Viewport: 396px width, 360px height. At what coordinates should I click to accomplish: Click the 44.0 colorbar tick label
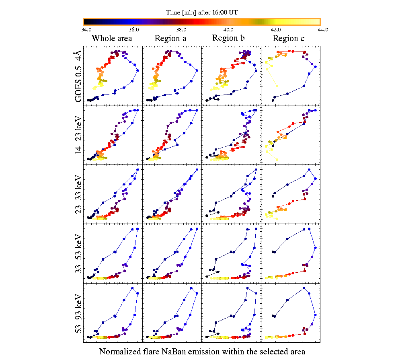point(323,29)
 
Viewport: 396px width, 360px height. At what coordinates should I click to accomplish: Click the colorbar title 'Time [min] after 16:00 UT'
point(202,12)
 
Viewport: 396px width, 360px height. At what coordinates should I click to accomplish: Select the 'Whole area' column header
point(112,39)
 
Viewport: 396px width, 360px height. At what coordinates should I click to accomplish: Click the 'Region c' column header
point(289,39)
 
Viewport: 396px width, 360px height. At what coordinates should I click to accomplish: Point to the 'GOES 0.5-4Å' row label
point(79,75)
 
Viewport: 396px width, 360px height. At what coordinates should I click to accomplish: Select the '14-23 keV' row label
point(79,134)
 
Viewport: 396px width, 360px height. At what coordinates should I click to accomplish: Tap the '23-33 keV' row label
point(79,194)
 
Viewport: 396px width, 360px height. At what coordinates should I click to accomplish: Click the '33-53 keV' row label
point(79,253)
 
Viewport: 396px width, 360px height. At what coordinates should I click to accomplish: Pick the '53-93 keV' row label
point(79,313)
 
